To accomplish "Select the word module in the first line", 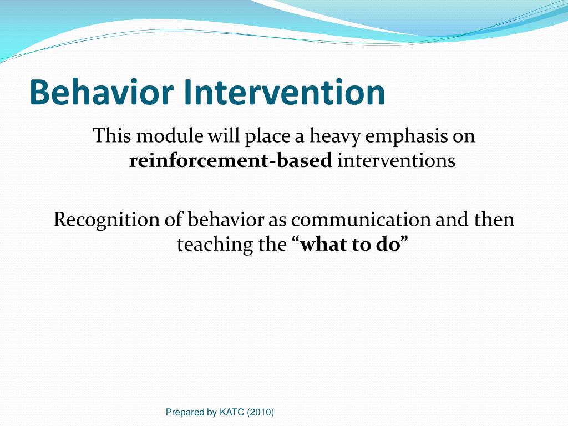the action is point(170,136).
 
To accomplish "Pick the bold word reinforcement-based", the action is point(230,160).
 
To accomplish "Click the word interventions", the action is point(396,160).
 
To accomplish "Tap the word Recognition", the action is point(106,220).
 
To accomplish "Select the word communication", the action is point(361,220).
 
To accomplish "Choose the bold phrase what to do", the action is point(351,245).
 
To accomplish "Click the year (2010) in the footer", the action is point(261,412).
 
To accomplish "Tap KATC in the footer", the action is point(232,412).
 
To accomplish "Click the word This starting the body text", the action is point(112,136).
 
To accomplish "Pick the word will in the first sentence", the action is point(224,136).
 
